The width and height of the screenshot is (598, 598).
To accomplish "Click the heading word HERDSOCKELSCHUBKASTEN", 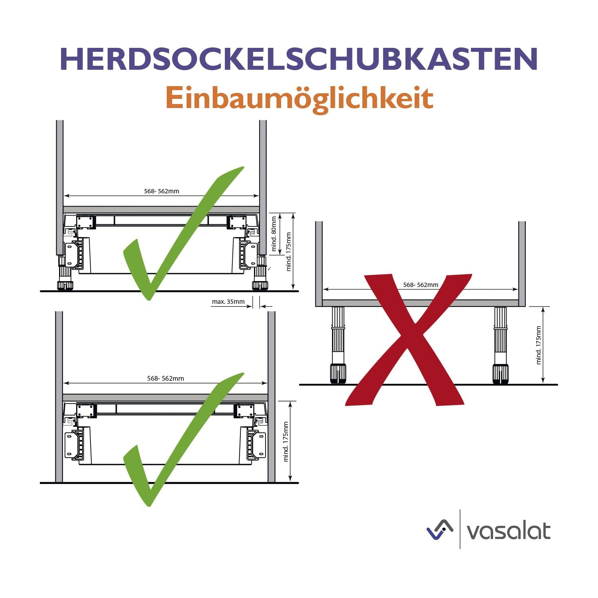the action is pyautogui.click(x=299, y=59).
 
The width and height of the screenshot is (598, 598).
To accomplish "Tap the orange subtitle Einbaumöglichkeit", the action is pyautogui.click(x=299, y=98).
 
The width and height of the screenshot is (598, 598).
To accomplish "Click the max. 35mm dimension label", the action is pyautogui.click(x=228, y=302).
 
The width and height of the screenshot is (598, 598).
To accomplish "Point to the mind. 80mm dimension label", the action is pyautogui.click(x=274, y=234).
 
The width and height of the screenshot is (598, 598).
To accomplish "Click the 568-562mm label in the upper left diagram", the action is pyautogui.click(x=161, y=191).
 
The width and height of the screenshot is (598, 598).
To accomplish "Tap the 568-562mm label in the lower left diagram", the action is pyautogui.click(x=165, y=379).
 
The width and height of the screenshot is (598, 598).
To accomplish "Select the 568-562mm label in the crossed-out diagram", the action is pyautogui.click(x=421, y=285).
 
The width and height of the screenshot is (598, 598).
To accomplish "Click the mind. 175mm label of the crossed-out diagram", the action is pyautogui.click(x=539, y=345).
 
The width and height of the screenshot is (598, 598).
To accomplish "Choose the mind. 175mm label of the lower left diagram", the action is pyautogui.click(x=286, y=442).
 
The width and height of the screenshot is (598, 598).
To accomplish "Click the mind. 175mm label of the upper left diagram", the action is pyautogui.click(x=289, y=252).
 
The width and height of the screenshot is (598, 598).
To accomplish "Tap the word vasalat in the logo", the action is pyautogui.click(x=508, y=531).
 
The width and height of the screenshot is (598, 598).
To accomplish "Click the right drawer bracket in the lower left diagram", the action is pyautogui.click(x=253, y=443).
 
